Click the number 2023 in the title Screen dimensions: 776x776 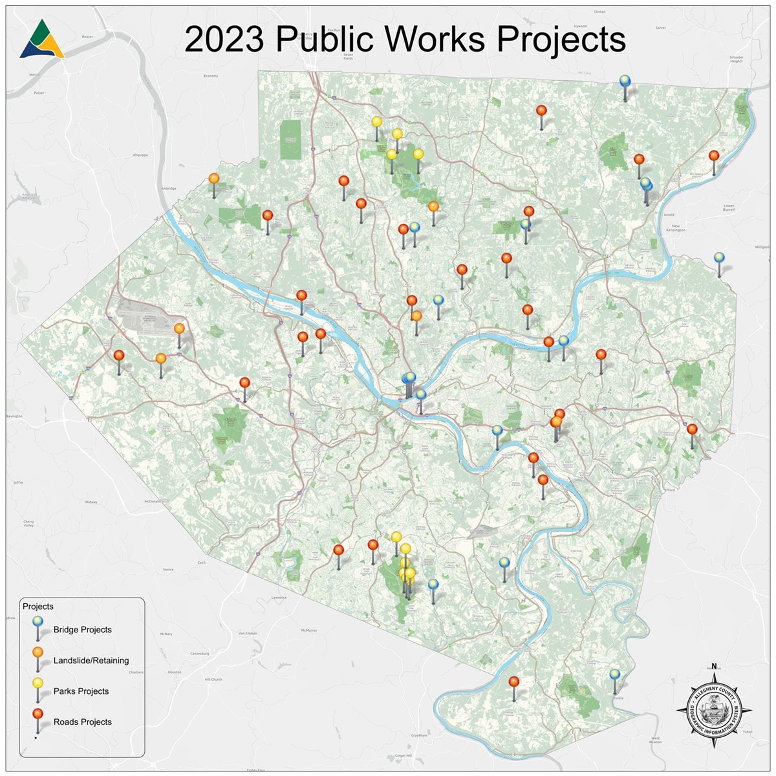pos(224,40)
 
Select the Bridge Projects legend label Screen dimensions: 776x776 pos(82,630)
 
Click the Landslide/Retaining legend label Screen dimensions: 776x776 pos(91,660)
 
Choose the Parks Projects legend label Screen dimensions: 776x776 pos(81,691)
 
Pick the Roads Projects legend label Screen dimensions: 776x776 pos(82,722)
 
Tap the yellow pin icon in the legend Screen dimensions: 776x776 pos(38,684)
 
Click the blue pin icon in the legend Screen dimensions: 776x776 pos(38,621)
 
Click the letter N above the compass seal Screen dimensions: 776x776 pos(714,667)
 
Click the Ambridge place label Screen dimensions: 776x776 pos(168,189)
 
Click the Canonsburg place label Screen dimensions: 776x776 pos(199,654)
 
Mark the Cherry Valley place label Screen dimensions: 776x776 pos(28,524)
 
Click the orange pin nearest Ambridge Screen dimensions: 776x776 pos(213,179)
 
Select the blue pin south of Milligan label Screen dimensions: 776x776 pos(718,258)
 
